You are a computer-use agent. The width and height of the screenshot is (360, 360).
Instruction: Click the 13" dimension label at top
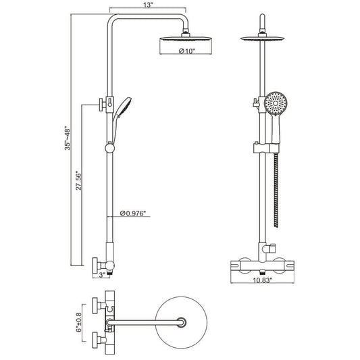click(x=149, y=5)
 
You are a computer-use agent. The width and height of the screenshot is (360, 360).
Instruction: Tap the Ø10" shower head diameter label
click(x=186, y=51)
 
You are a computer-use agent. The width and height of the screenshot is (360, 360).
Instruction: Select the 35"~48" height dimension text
click(x=68, y=138)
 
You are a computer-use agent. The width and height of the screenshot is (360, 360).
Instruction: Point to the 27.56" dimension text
click(x=78, y=180)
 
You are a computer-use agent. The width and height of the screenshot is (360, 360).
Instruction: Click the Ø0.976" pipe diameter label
click(x=133, y=213)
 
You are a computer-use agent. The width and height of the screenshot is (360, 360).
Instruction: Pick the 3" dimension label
click(x=102, y=275)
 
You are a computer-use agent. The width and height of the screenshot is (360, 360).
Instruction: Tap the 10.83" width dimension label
click(x=263, y=280)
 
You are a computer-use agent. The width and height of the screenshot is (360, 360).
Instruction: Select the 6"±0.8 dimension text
click(x=79, y=322)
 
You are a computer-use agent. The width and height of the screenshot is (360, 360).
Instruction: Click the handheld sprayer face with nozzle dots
click(x=276, y=103)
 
